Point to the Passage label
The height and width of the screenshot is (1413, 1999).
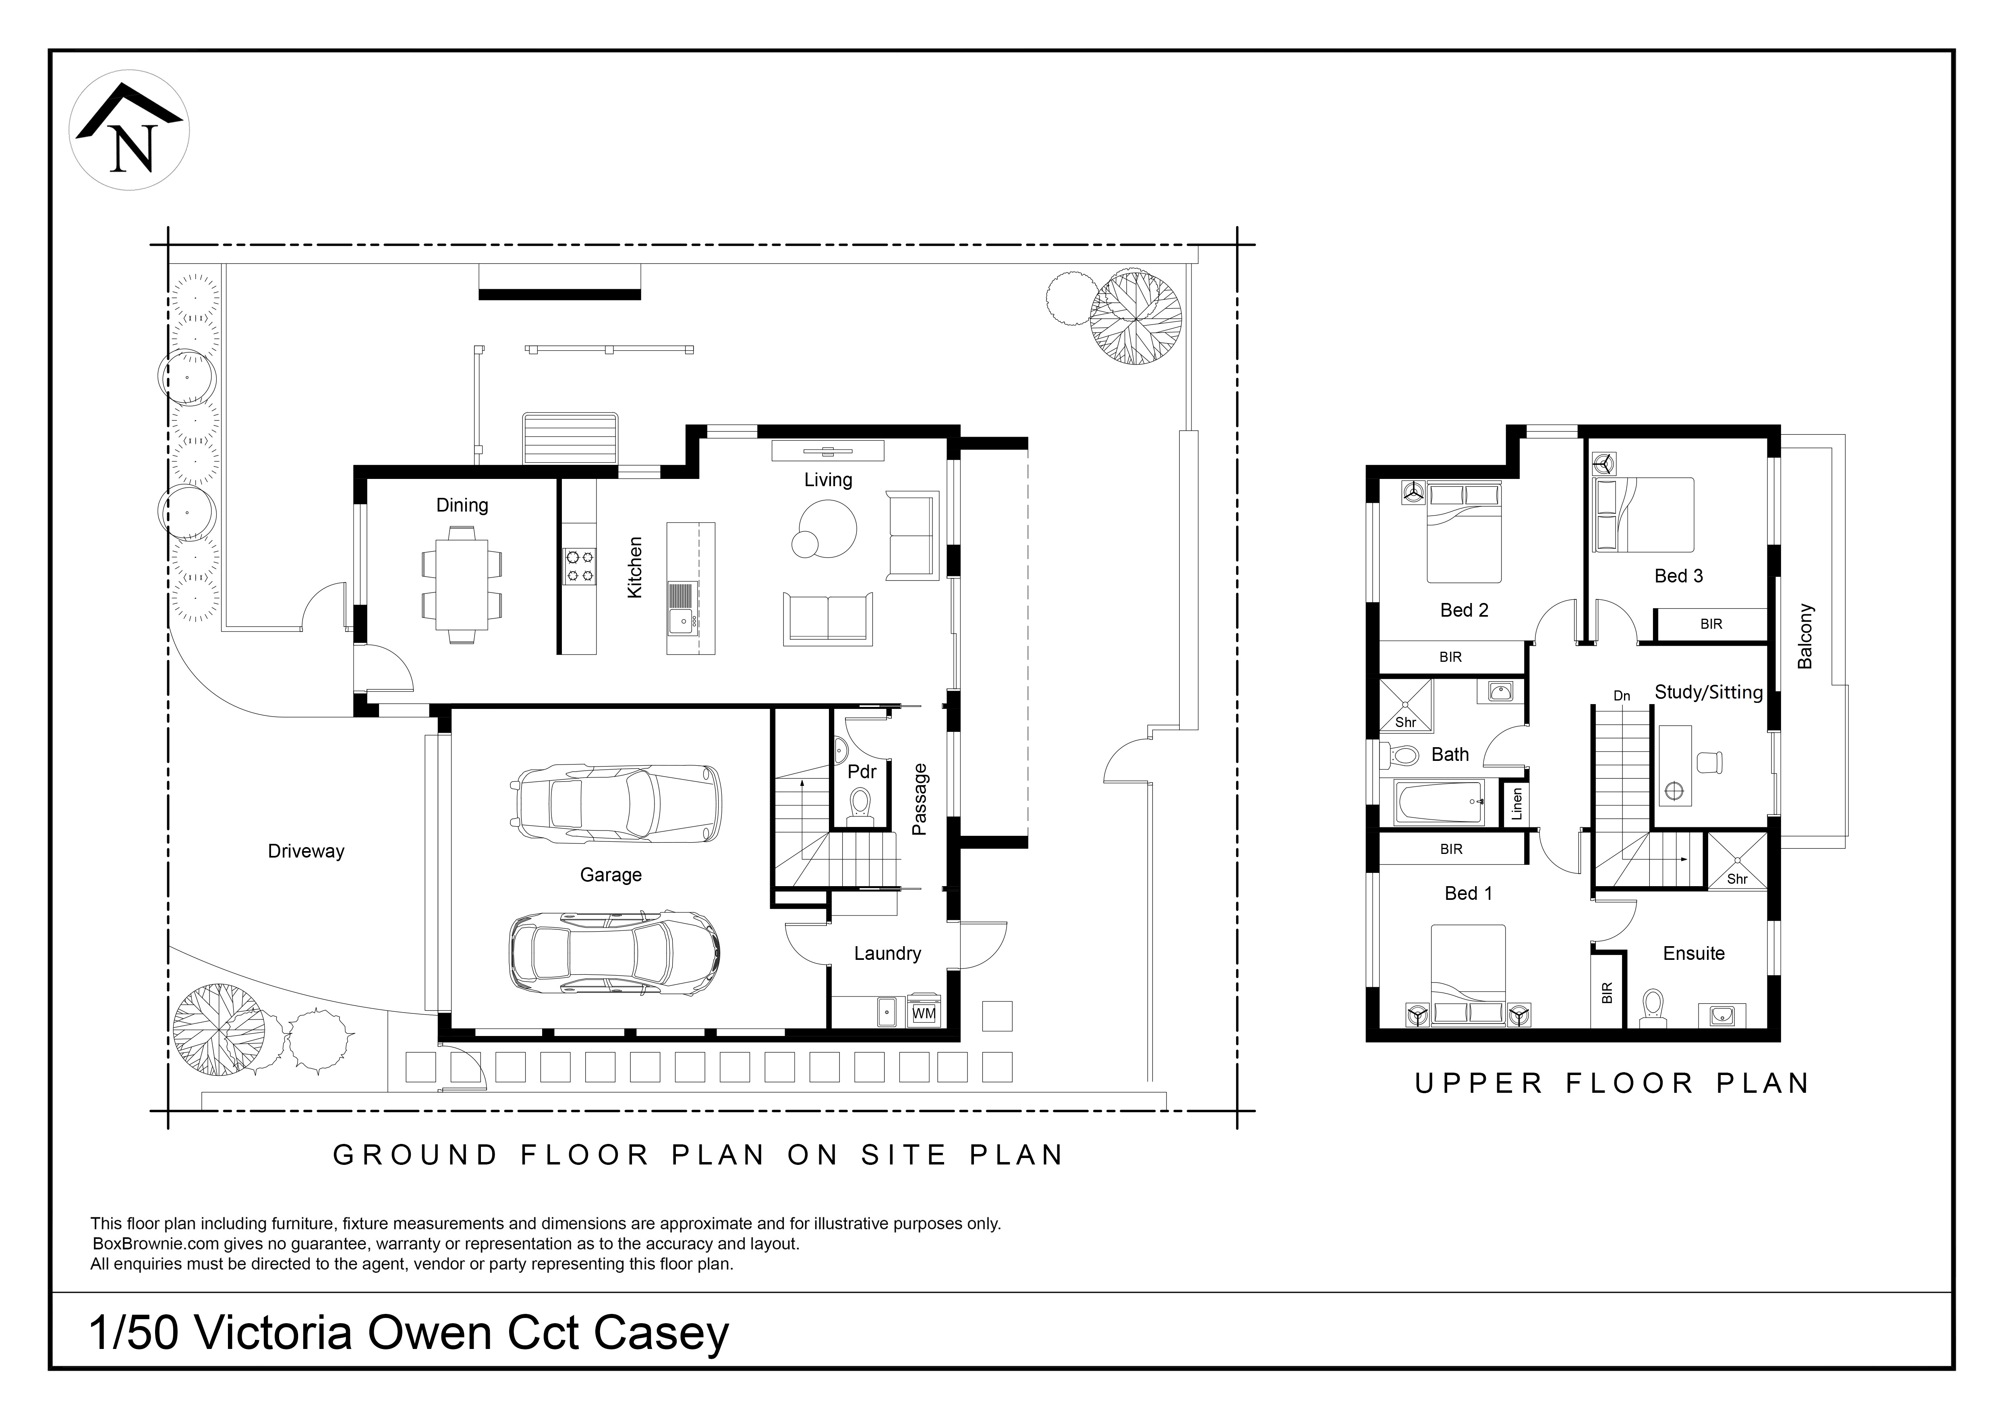click(920, 799)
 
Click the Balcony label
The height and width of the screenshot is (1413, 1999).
click(1805, 636)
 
